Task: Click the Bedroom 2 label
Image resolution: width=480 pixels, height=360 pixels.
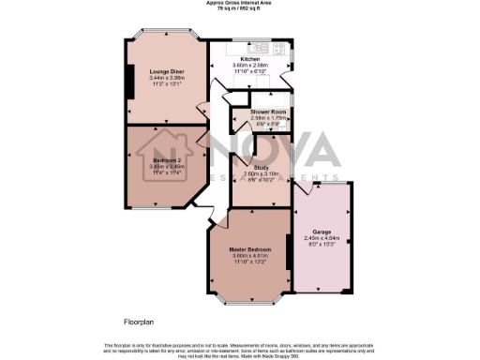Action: (x=167, y=160)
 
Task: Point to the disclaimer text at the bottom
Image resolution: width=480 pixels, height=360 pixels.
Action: (x=239, y=350)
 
